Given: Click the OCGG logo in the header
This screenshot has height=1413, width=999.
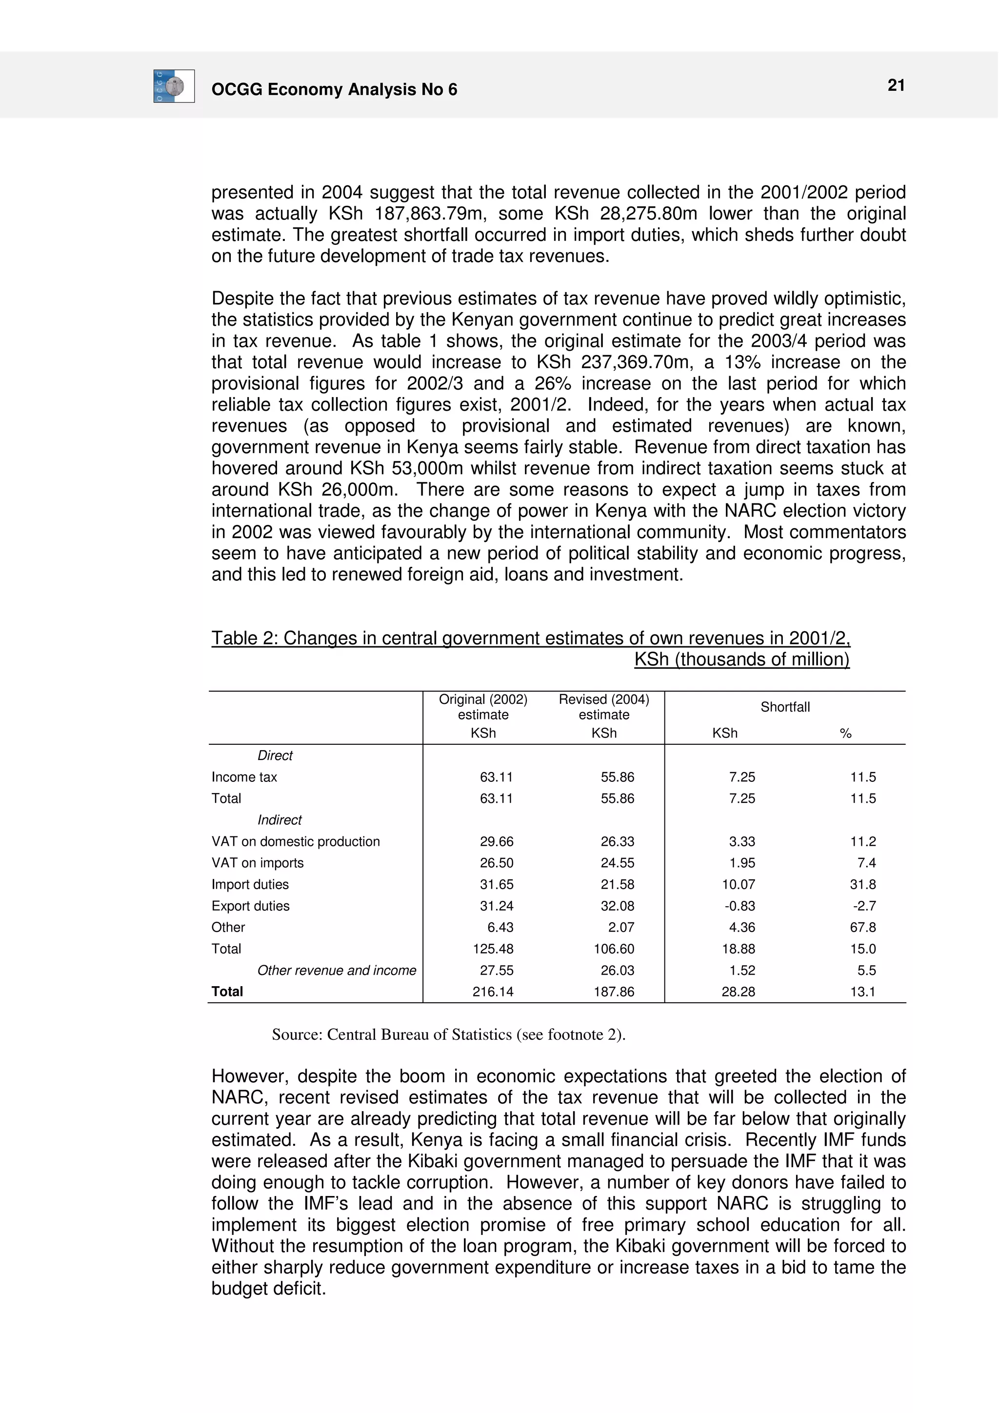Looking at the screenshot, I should pyautogui.click(x=174, y=86).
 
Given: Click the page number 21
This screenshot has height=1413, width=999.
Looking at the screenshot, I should pyautogui.click(x=896, y=85).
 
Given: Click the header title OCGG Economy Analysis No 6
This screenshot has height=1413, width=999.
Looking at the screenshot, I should pyautogui.click(x=334, y=90).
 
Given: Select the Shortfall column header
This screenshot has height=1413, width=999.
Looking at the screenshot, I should pyautogui.click(x=785, y=707).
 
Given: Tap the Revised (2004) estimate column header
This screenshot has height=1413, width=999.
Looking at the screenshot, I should pyautogui.click(x=603, y=707).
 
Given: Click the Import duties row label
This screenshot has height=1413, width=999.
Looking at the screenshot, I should pyautogui.click(x=250, y=884).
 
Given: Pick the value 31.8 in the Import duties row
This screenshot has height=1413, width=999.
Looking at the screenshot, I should pyautogui.click(x=863, y=884).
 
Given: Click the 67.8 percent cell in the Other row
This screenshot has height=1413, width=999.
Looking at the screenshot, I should pyautogui.click(x=863, y=927).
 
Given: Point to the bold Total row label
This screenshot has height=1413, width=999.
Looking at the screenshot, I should pyautogui.click(x=227, y=992).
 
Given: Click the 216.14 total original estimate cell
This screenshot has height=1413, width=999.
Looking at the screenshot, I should pyautogui.click(x=493, y=992).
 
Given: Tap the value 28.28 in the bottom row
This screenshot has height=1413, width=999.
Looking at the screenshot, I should pyautogui.click(x=738, y=992).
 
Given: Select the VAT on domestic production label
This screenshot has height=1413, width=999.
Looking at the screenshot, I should pyautogui.click(x=296, y=841).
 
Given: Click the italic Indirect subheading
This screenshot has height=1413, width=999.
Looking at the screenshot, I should pyautogui.click(x=280, y=820).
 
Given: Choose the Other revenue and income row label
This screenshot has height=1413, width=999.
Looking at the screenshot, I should pyautogui.click(x=337, y=971).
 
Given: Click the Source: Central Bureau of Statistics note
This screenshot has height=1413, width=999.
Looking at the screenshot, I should pyautogui.click(x=448, y=1035).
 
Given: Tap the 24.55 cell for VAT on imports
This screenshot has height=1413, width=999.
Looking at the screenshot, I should pyautogui.click(x=618, y=863).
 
